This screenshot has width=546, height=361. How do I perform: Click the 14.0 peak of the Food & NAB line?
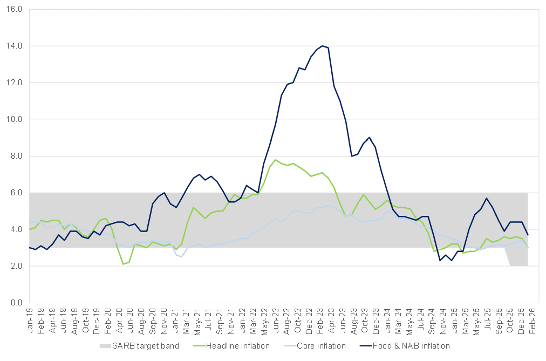click(322, 46)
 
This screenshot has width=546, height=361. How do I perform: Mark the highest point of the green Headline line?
click(275, 160)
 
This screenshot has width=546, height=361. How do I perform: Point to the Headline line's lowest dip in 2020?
click(123, 264)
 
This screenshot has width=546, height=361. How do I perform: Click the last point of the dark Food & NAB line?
click(527, 235)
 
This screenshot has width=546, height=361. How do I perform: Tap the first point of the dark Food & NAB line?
click(30, 248)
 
